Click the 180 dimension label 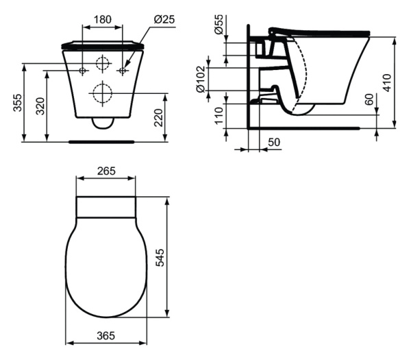point(102,19)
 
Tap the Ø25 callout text point(164,19)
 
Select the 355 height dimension point(18,103)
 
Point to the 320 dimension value point(40,106)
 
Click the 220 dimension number point(158,118)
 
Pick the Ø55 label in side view point(219,24)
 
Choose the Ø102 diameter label point(201,79)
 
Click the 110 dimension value point(219,115)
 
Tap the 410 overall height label point(387,83)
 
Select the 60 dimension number point(369,99)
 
